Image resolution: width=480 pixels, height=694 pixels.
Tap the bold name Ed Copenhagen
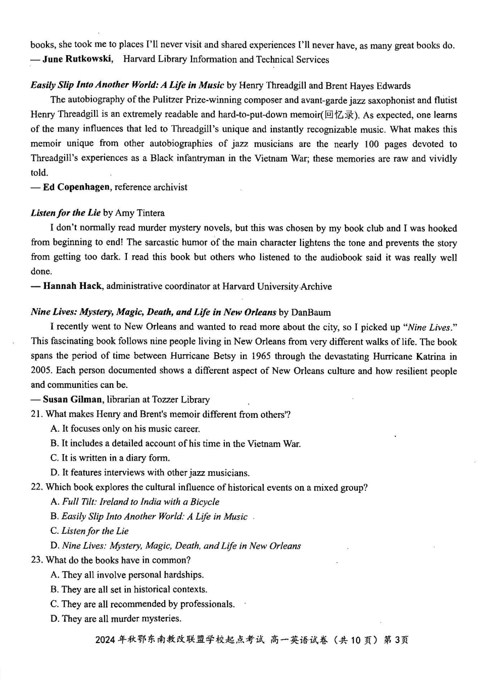[x=76, y=187]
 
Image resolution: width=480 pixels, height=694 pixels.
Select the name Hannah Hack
[x=72, y=286]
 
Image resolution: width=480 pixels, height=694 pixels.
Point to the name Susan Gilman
[x=72, y=400]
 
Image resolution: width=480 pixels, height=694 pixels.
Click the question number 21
[x=36, y=415]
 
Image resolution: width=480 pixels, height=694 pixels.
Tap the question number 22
[x=36, y=487]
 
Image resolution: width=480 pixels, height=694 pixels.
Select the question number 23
[x=36, y=560]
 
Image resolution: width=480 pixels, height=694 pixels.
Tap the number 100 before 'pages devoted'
[x=371, y=144]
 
